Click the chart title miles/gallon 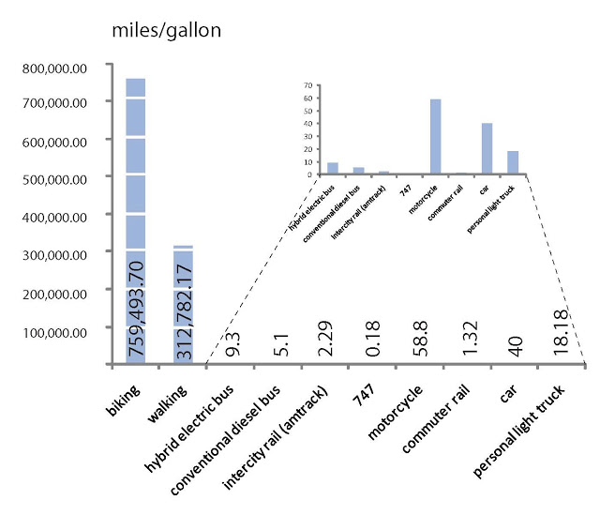pyautogui.click(x=166, y=31)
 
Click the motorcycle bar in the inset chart pyautogui.click(x=435, y=136)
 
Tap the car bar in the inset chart pyautogui.click(x=487, y=148)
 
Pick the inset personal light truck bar pyautogui.click(x=512, y=162)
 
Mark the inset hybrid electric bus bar pyautogui.click(x=333, y=168)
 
